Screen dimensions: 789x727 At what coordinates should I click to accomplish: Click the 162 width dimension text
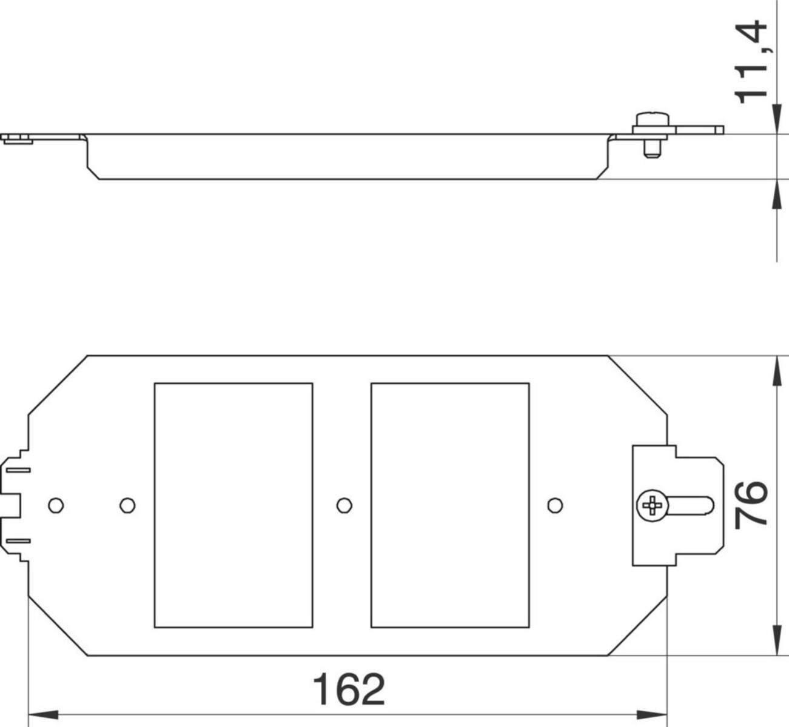click(349, 689)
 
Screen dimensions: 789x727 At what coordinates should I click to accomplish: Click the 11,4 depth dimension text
click(750, 62)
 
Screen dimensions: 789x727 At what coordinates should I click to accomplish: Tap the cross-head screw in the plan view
click(653, 505)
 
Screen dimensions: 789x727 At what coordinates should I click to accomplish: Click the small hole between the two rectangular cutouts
click(344, 505)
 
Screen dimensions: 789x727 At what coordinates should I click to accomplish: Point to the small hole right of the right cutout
click(555, 505)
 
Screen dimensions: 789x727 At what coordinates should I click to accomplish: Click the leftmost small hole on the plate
click(56, 505)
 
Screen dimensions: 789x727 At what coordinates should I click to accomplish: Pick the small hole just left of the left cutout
click(127, 505)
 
